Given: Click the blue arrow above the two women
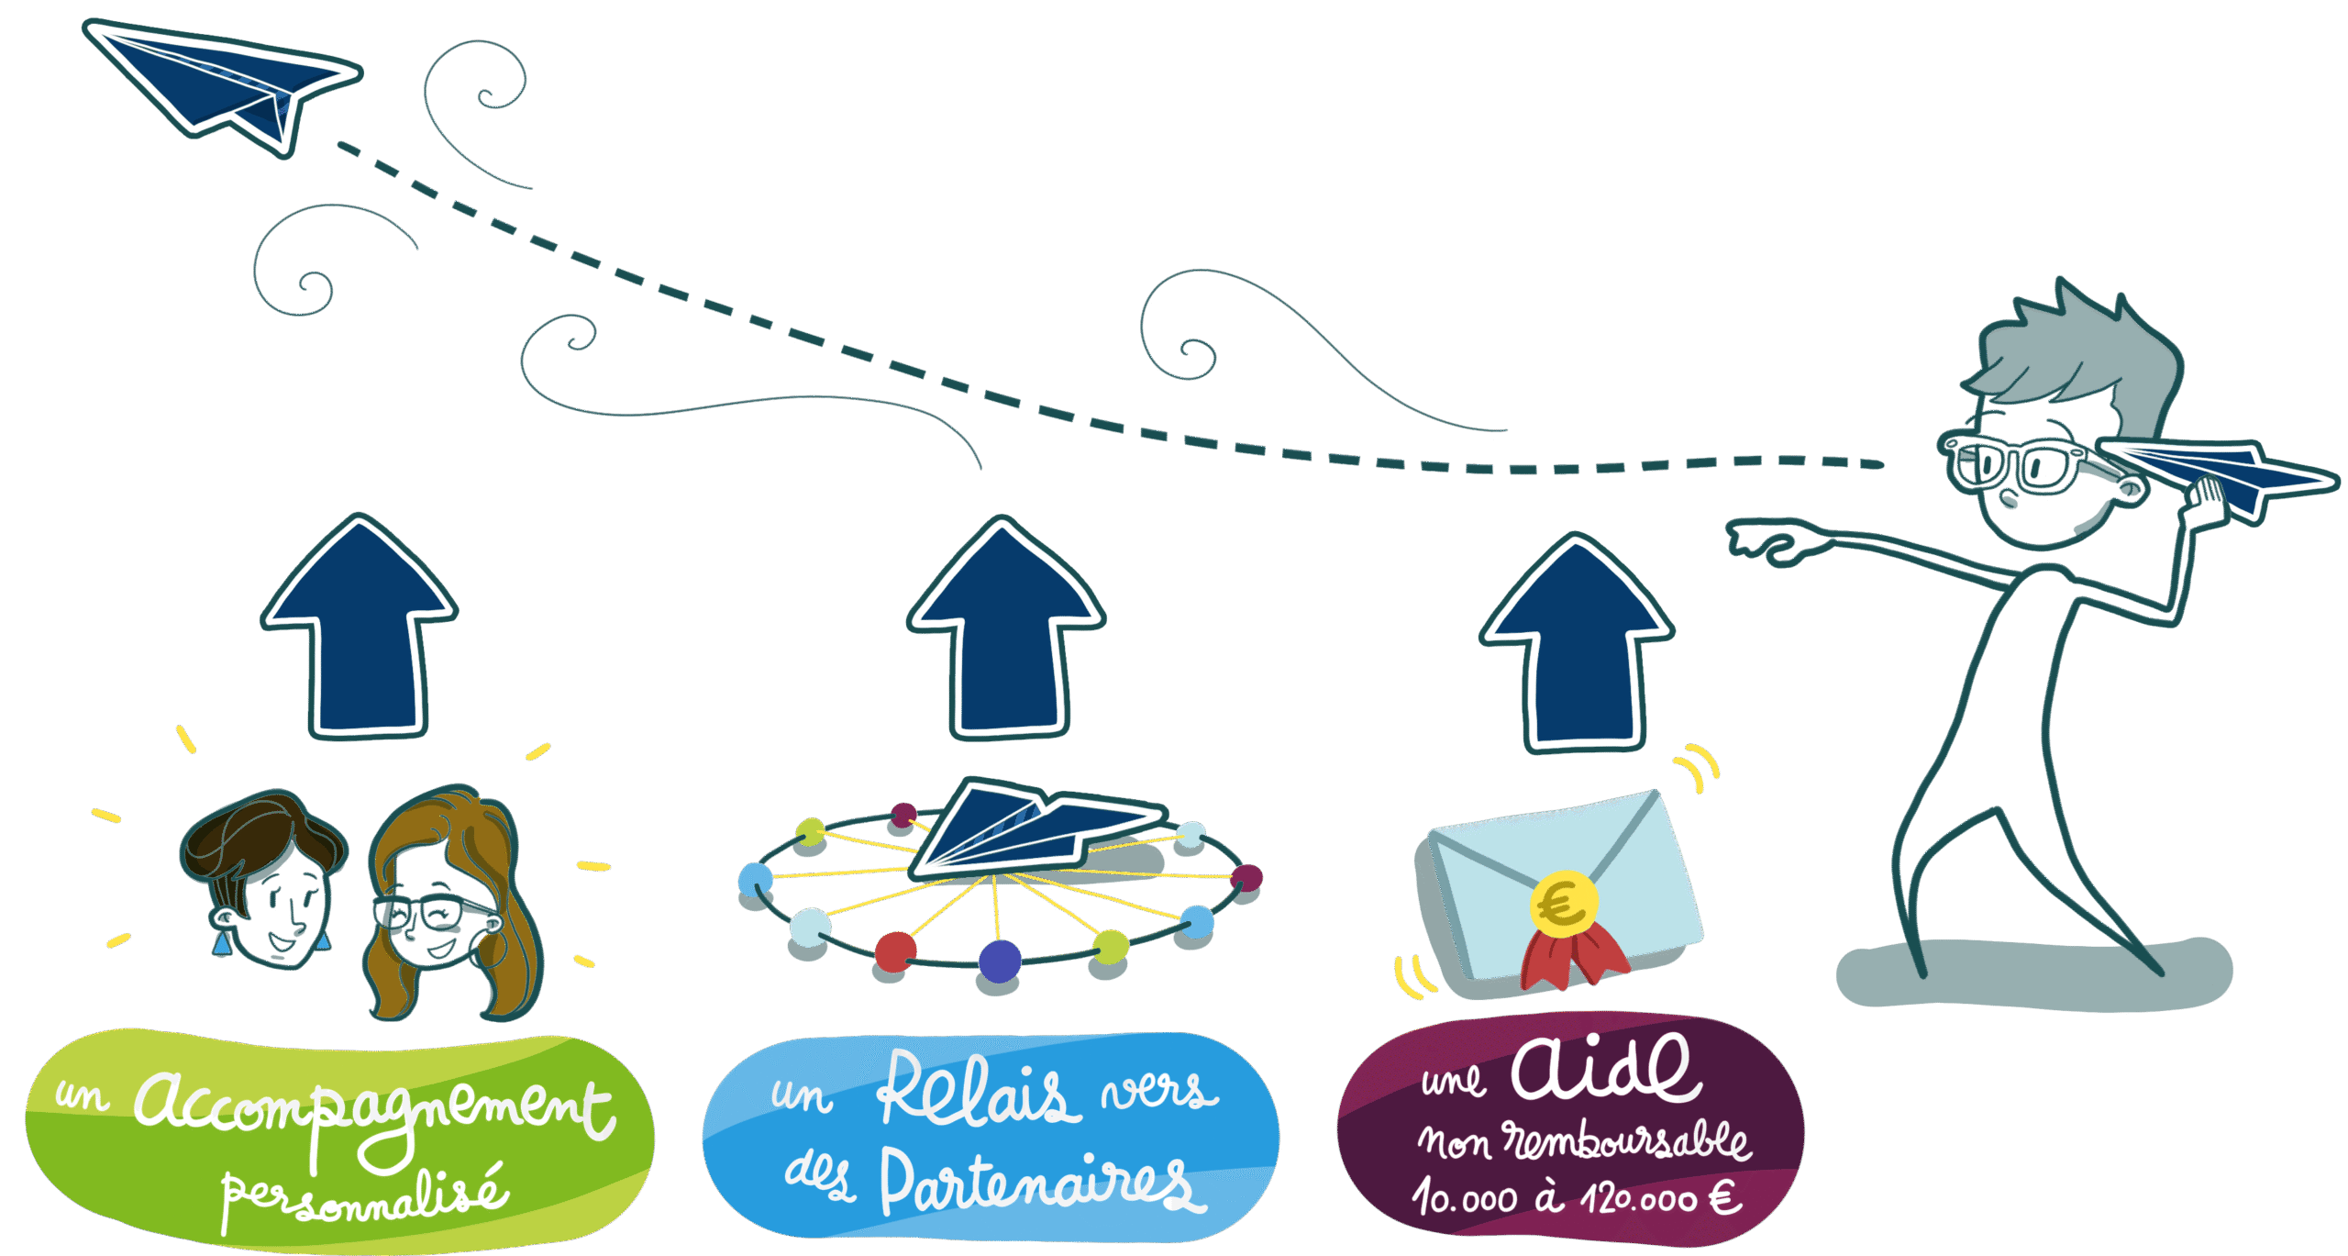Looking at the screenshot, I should [x=360, y=633].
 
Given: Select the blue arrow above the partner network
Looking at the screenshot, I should [x=1006, y=633].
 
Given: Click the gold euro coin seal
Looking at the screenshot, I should [x=1564, y=904].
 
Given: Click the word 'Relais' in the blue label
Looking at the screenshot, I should [x=977, y=1092].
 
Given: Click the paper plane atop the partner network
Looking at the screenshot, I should [x=1036, y=826].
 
